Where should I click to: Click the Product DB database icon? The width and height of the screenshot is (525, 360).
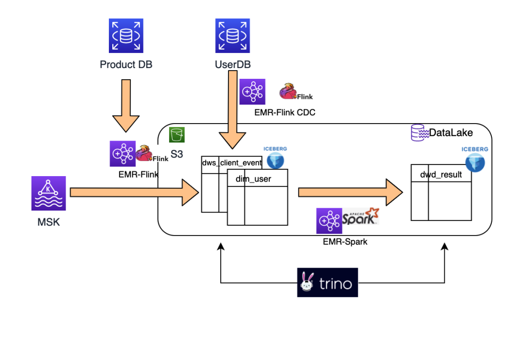(126, 36)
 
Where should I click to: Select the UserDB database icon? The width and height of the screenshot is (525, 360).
(233, 36)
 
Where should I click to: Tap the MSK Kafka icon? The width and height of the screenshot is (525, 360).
(49, 193)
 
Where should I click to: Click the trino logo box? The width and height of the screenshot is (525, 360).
(328, 282)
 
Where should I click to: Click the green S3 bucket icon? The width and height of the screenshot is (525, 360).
(177, 135)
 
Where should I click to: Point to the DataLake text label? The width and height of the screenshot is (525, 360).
(451, 132)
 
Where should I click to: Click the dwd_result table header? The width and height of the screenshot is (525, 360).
(441, 174)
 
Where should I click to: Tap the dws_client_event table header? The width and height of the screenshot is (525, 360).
(232, 162)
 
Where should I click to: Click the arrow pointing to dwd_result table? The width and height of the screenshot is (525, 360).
(350, 193)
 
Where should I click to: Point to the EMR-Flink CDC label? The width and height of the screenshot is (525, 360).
(285, 112)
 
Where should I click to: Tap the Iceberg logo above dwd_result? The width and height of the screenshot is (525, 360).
(475, 159)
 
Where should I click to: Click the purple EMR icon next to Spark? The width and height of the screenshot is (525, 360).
(330, 221)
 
